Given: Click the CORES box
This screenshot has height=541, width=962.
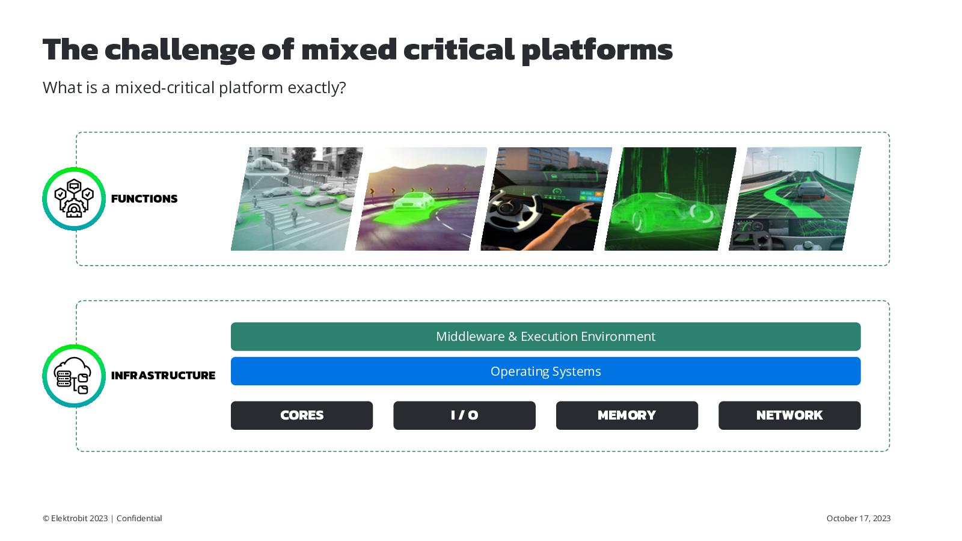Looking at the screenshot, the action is (301, 415).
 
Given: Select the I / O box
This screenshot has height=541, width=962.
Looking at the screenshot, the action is (464, 415).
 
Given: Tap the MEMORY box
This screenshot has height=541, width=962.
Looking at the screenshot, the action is (627, 415).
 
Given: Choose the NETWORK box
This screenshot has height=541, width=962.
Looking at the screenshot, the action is (789, 415).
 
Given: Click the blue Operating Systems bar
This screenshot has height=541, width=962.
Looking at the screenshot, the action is (545, 371).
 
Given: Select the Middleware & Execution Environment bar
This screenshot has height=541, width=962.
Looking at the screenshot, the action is (545, 336).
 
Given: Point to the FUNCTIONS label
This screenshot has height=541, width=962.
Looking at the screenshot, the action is (144, 199).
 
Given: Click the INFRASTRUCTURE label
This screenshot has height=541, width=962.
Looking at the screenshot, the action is (163, 376).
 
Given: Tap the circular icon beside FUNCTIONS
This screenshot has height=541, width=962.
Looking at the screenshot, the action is (74, 199).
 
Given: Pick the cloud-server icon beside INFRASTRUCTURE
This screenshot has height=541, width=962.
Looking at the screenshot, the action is (74, 376).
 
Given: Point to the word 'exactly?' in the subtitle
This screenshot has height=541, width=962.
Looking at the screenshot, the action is (317, 88).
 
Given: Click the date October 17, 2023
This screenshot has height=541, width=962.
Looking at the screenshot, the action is (859, 518).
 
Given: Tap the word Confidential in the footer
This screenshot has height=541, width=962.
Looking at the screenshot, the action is (139, 518).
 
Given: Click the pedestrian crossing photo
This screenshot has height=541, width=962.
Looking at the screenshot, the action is (297, 199).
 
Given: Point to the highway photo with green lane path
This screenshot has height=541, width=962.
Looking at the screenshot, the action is (795, 199).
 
